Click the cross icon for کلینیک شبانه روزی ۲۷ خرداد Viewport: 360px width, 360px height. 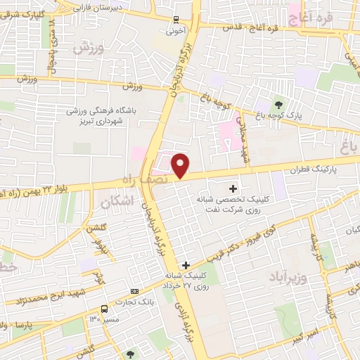tap(186, 265)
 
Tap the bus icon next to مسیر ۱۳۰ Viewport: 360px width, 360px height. tap(105, 309)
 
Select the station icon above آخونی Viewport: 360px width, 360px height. tap(176, 20)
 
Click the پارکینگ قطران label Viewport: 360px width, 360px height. tap(311, 169)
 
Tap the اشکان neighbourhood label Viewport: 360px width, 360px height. tap(117, 202)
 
